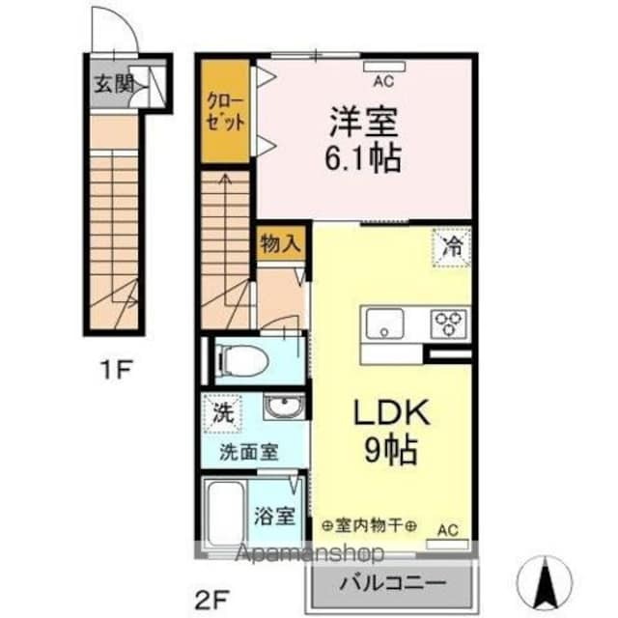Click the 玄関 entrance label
[114, 83]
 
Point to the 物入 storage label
[280, 244]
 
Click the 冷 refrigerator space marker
[452, 246]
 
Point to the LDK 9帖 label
[394, 431]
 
